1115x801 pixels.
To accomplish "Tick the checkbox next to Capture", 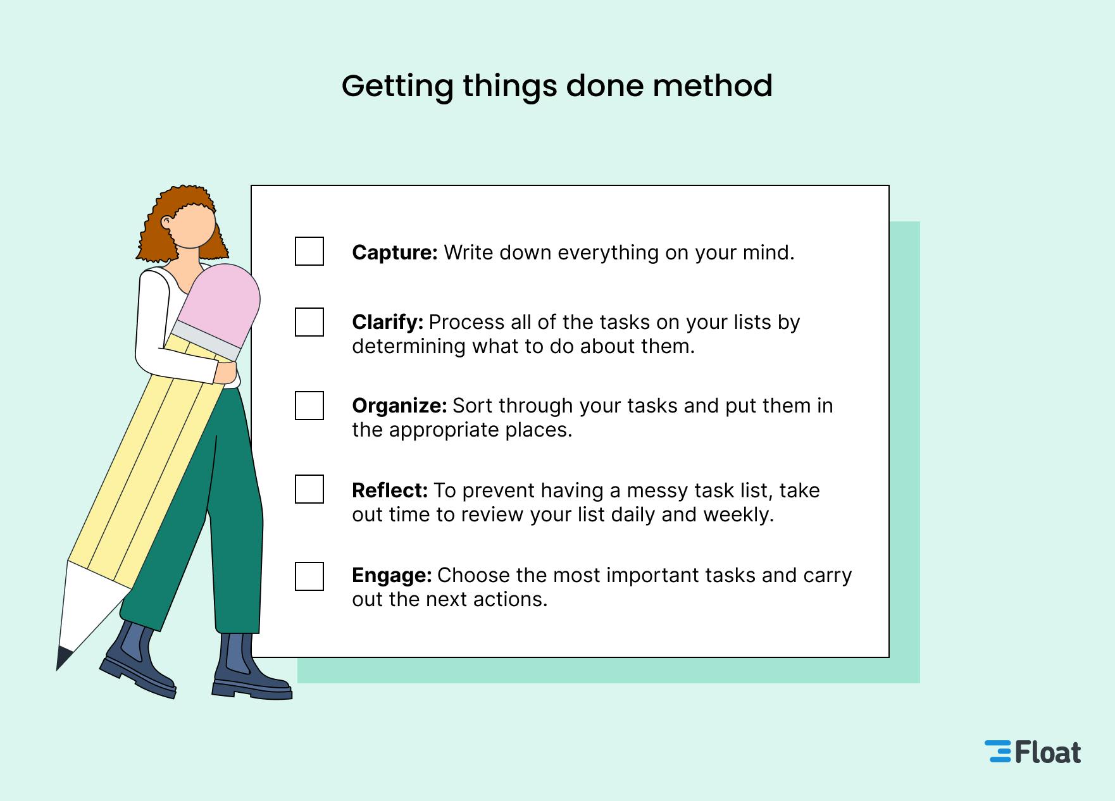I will [x=309, y=251].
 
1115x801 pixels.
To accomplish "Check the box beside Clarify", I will [x=309, y=322].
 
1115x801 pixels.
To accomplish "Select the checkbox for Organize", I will [x=309, y=406].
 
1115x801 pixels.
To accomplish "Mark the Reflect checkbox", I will [x=309, y=489].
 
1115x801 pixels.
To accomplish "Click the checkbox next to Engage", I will [x=309, y=576].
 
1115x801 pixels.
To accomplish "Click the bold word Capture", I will [x=394, y=252].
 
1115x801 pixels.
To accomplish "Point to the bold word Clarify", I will [x=387, y=322].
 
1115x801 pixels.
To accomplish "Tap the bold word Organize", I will [x=399, y=406].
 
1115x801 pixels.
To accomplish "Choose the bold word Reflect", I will [x=390, y=490].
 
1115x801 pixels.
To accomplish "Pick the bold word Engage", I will [x=392, y=575].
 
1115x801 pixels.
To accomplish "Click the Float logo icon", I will [x=998, y=752].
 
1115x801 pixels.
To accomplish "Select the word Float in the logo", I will [x=1048, y=752].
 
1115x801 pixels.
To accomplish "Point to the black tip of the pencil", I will [x=63, y=658].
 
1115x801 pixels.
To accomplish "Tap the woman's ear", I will [x=166, y=223].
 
